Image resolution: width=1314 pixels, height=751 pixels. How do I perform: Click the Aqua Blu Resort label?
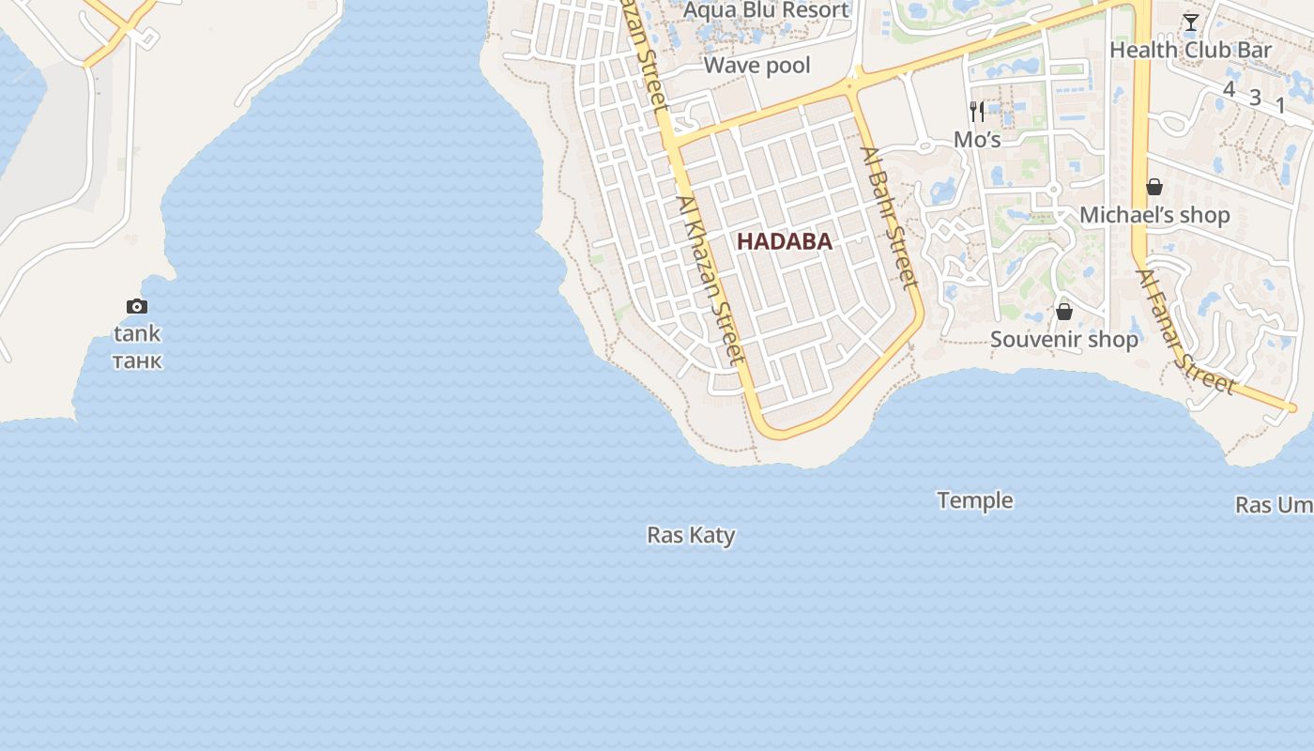coord(767,10)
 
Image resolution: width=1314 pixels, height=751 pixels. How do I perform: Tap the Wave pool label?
coord(756,66)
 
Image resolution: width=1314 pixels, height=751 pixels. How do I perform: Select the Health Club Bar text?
coord(1190,50)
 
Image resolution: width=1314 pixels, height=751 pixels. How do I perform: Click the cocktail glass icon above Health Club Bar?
coord(1190,23)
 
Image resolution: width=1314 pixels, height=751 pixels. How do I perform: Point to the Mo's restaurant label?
coord(977,140)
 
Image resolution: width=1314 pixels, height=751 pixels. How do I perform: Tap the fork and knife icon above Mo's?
coord(977,112)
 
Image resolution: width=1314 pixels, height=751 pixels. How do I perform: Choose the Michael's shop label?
coord(1154,215)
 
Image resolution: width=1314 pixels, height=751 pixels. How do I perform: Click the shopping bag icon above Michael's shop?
coord(1154,188)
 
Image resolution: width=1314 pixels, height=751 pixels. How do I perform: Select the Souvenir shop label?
coord(1064,339)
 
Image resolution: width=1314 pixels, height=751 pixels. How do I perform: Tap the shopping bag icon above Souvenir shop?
coord(1064,312)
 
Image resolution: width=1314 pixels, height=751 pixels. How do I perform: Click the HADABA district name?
coord(784,241)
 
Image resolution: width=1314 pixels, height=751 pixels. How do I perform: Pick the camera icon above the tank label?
coord(137,306)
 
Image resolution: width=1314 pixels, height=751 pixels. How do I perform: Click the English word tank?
coord(137,333)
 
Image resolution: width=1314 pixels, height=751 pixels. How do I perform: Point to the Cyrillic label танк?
coord(137,360)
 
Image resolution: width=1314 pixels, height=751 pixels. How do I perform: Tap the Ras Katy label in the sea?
coord(691,535)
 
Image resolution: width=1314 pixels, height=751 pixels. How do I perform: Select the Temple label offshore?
coord(974,500)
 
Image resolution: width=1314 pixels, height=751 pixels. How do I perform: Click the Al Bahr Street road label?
coord(888,216)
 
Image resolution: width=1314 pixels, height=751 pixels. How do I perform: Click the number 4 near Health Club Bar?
coord(1229,89)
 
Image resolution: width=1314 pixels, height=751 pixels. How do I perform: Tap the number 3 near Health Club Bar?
coord(1255,97)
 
